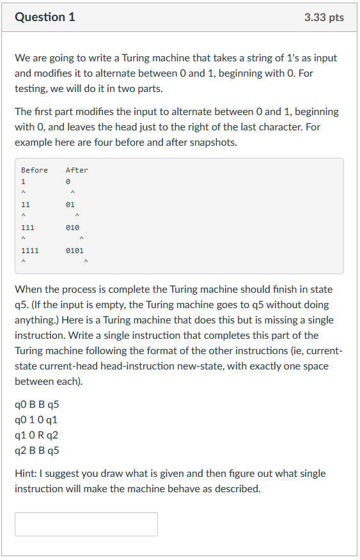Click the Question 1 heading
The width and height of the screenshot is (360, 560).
(45, 17)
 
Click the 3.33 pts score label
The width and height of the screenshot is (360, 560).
(324, 17)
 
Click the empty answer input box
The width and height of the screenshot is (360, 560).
(86, 524)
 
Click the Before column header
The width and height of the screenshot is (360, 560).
(35, 170)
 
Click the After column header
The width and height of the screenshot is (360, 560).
(77, 170)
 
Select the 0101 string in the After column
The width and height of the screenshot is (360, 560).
(74, 251)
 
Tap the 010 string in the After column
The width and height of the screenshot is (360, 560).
(72, 228)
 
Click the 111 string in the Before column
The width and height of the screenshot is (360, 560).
(28, 228)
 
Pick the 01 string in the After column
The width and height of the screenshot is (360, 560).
(70, 205)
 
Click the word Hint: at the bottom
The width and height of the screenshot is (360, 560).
(27, 474)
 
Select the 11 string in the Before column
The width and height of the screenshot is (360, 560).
(26, 205)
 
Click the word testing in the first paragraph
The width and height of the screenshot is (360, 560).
(31, 88)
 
